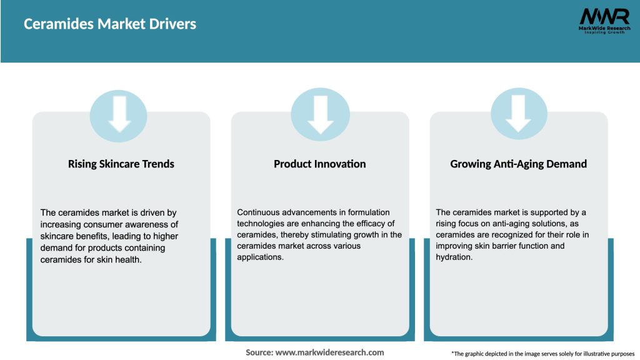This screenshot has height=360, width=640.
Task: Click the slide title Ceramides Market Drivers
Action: coord(110,24)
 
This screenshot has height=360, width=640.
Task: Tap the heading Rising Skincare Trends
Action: coord(121,164)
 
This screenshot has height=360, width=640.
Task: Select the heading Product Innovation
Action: coord(319,164)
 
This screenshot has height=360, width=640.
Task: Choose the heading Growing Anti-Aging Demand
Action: coord(518,164)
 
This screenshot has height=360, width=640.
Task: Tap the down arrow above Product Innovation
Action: coord(320,115)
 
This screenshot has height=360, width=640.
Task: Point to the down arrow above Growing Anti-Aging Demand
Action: coord(519,115)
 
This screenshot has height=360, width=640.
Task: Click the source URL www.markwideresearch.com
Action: coord(329,352)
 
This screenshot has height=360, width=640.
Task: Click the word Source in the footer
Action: coord(259,352)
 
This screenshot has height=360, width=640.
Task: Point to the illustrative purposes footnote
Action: coord(542,354)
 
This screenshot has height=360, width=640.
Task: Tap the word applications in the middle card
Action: coord(260,257)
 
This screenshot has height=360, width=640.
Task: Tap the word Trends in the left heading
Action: coord(157,164)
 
